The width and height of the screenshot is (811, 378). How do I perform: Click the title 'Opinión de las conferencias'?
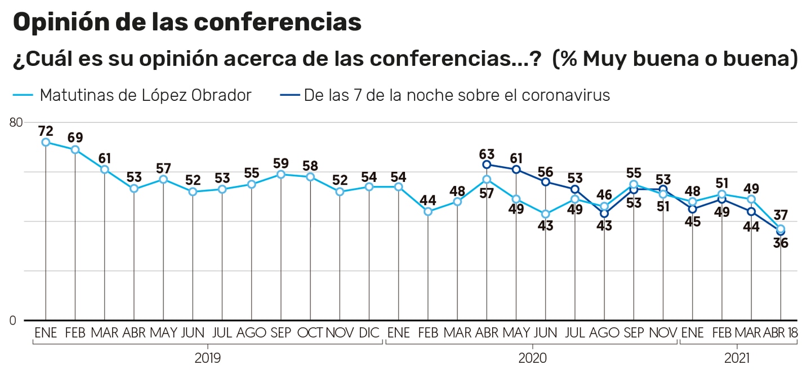point(186,23)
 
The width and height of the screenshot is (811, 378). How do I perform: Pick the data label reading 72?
point(46,131)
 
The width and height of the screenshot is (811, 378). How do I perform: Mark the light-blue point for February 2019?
point(75,149)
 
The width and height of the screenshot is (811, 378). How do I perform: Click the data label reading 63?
point(487,154)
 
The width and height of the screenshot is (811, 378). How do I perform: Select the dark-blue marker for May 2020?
point(516,170)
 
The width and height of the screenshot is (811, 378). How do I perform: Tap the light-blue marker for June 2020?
point(545,214)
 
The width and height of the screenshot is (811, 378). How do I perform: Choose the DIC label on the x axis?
point(369,332)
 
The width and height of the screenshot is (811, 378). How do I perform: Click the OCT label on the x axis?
point(310,332)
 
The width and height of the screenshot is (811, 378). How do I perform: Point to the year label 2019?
point(208,357)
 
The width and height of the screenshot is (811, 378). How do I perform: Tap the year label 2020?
point(532,357)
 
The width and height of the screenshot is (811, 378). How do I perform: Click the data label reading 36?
point(781,243)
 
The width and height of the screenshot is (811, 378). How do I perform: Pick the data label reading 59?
point(280,164)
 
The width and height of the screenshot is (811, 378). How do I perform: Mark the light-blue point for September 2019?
point(281,175)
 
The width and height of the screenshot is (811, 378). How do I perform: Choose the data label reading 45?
point(692,221)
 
